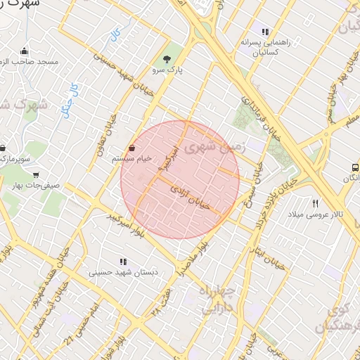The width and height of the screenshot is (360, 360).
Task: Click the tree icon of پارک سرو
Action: (x=167, y=59)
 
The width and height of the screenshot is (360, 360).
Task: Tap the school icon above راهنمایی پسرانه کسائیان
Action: (x=265, y=32)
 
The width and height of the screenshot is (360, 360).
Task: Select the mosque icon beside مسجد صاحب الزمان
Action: (x=25, y=51)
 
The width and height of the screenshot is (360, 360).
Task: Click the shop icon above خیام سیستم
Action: (x=133, y=148)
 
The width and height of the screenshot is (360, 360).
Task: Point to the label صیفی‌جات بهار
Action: (x=37, y=186)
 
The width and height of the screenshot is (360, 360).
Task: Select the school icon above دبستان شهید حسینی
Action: (x=123, y=262)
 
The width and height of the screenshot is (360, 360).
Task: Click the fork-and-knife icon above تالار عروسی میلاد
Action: (x=315, y=202)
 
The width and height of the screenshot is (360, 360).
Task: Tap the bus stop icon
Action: (x=355, y=168)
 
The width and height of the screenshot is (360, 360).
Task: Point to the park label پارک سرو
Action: (x=167, y=71)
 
